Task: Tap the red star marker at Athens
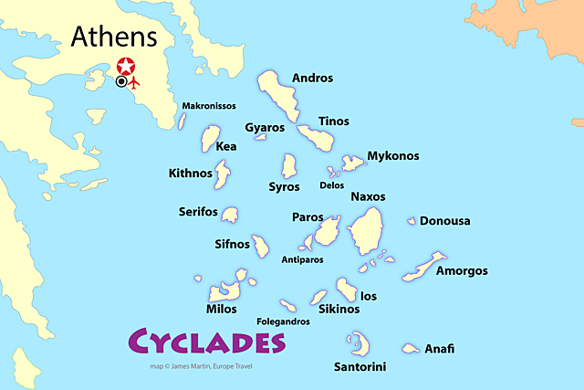tap(127, 66)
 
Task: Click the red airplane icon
tap(136, 82)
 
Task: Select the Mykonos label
tap(392, 156)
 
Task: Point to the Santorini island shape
tap(353, 344)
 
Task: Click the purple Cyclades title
tap(204, 342)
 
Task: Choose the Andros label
tap(311, 78)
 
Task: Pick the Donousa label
tap(445, 221)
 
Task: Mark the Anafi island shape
tap(412, 348)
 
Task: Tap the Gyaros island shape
tap(260, 138)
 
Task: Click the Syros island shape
tap(289, 165)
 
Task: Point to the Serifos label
tap(198, 212)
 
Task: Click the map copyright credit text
tap(202, 367)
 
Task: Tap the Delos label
tap(332, 185)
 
